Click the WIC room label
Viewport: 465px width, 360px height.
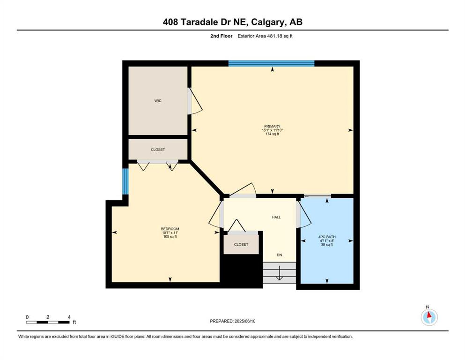(158, 101)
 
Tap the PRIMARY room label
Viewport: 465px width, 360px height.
(272, 127)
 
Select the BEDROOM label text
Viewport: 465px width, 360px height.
(170, 229)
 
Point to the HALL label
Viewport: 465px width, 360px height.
(276, 217)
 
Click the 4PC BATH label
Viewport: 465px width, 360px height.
(327, 237)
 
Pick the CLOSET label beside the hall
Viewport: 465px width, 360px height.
(241, 245)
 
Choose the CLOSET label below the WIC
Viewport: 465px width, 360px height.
(158, 150)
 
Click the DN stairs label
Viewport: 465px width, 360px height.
(280, 255)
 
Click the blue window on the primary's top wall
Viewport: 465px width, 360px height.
(271, 63)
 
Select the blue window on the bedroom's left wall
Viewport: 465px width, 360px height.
(125, 181)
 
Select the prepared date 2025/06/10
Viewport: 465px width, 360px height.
(244, 321)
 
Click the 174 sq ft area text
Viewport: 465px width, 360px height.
(272, 134)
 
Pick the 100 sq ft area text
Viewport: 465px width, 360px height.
(170, 237)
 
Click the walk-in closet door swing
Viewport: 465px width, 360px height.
(195, 101)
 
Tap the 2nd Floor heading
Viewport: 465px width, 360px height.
(221, 36)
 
